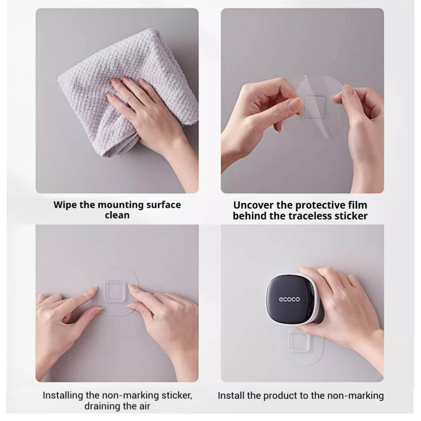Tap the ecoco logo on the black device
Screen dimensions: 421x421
(x=290, y=299)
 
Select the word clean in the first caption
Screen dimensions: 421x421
(x=117, y=215)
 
